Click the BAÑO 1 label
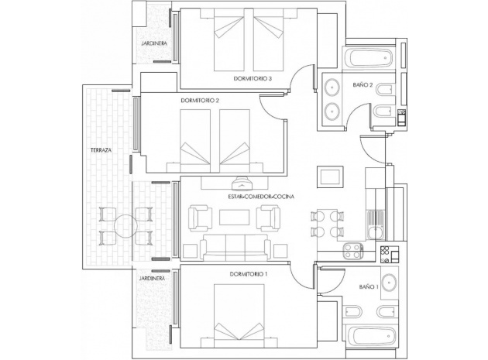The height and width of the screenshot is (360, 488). pos(369,287)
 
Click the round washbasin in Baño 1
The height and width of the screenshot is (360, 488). pos(390,280)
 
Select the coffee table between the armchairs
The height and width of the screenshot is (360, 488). pos(233,219)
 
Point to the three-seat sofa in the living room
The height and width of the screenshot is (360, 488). pos(233,248)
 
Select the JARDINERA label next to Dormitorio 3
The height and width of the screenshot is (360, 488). pos(153,44)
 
